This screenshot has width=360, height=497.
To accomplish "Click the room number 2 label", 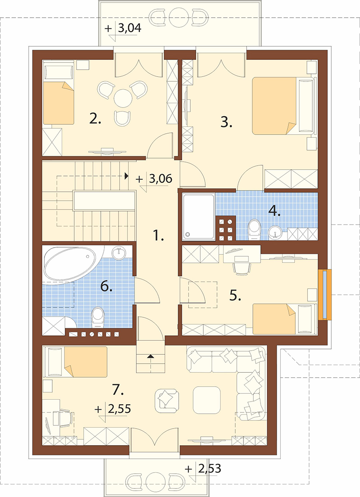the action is tap(95, 119).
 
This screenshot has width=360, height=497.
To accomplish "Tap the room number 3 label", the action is tap(226, 122).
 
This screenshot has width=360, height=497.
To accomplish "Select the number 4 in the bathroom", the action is tap(274, 211).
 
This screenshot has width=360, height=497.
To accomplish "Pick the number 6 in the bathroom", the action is tap(107, 286).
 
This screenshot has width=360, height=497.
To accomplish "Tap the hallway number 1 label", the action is tap(158, 235).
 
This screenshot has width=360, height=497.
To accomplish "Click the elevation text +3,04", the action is tap(123, 28).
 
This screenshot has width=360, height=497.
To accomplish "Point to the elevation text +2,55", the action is tap(113, 409).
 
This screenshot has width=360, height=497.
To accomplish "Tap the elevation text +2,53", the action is tap(203, 468).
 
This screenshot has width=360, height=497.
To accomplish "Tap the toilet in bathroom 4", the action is tap(254, 228).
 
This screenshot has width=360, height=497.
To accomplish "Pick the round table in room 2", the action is tap(123, 98).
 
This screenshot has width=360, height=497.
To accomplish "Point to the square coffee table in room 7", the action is tap(207, 400).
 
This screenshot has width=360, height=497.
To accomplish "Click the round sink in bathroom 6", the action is tap(119, 253).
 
